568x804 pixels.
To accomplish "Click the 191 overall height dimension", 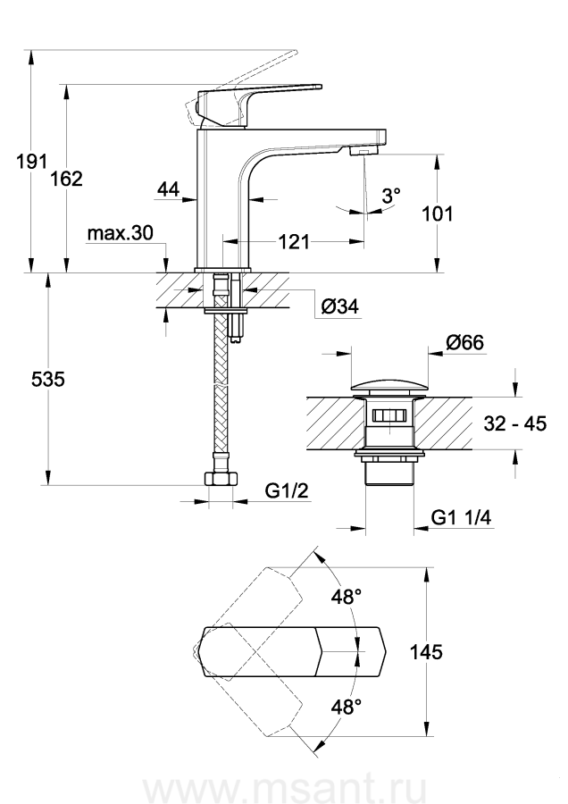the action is point(32,162).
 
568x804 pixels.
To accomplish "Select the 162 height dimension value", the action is point(67,179).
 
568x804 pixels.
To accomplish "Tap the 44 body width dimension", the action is point(168,189).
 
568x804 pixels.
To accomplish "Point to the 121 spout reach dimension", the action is point(294,241).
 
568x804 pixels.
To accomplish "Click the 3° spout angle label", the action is point(390,195).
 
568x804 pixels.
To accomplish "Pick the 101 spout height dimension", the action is point(438,214).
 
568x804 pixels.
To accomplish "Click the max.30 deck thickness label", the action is point(121,233).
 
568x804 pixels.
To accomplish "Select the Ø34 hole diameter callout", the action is point(340,306).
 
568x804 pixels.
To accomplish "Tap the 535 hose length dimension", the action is point(48,380).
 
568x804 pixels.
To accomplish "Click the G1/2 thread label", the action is point(287,490).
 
